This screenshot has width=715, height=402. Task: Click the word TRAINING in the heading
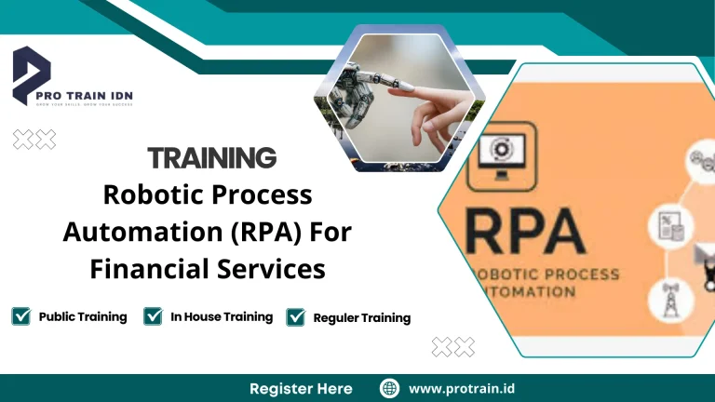pyautogui.click(x=212, y=157)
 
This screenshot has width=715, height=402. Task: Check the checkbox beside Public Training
pyautogui.click(x=20, y=316)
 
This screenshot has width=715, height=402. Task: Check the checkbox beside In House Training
pyautogui.click(x=154, y=316)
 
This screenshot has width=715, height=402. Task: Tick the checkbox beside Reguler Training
pyautogui.click(x=296, y=317)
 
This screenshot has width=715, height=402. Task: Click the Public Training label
pyautogui.click(x=83, y=316)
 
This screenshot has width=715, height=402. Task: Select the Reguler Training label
pyautogui.click(x=362, y=318)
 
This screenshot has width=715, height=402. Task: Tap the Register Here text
pyautogui.click(x=301, y=388)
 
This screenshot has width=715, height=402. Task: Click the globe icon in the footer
pyautogui.click(x=390, y=388)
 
